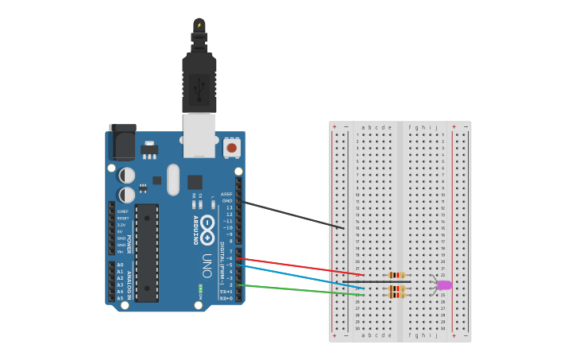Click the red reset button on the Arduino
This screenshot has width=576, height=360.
(x=231, y=147)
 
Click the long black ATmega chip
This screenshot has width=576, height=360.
(x=146, y=253)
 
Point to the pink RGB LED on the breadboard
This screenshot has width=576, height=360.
(x=443, y=285)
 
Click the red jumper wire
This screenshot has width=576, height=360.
(x=302, y=267)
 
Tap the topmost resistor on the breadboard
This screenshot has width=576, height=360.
(x=396, y=275)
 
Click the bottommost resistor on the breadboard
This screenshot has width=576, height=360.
(x=396, y=295)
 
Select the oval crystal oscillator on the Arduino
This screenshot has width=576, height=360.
(x=173, y=180)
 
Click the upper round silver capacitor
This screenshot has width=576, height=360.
(x=126, y=175)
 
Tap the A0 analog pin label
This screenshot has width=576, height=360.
(x=121, y=265)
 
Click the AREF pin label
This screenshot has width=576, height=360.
(x=226, y=194)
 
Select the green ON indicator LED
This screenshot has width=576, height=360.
(x=200, y=288)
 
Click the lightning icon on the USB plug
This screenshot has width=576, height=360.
(x=199, y=25)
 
